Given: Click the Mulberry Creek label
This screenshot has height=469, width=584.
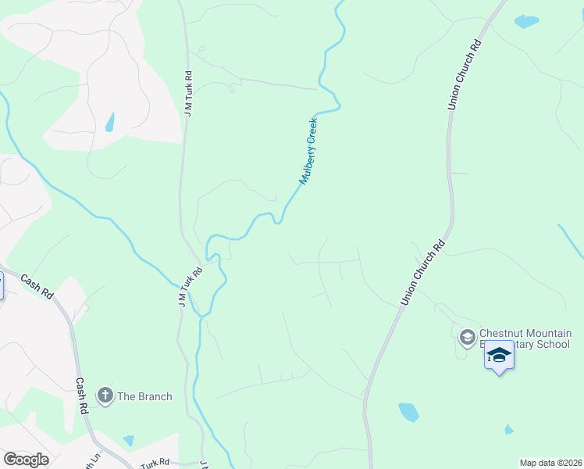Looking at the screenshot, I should pos(309,151).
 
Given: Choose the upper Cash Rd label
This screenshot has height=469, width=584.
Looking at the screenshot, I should pos(36,286).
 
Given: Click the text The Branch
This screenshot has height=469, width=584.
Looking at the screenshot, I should pos(144,396).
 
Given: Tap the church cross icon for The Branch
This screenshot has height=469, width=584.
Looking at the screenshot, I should pos(105,396).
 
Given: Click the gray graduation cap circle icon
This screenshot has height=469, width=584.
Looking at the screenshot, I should pos(467,338).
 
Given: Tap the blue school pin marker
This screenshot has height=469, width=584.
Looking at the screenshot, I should pos(499,356).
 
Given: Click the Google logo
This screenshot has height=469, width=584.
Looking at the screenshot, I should pos(26,459).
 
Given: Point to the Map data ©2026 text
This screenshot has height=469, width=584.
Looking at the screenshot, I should pos(550,463).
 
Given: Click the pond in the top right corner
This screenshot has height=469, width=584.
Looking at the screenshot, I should pos(526,22).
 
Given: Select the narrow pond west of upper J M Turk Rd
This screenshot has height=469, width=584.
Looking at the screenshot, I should pos(110,122).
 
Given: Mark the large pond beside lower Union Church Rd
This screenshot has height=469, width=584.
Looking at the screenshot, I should pos(408,412).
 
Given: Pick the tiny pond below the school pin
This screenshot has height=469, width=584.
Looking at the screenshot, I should pos(509,429).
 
